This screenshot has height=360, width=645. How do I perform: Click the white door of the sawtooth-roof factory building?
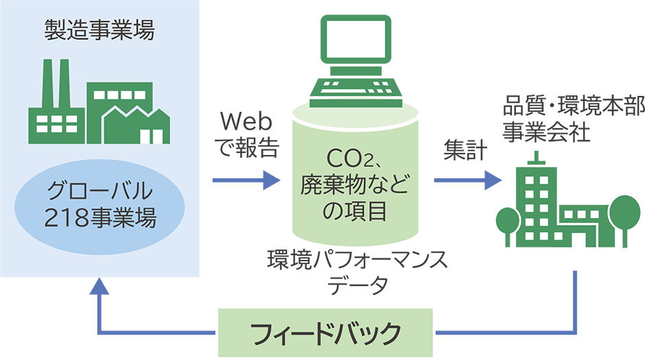pos(146,136)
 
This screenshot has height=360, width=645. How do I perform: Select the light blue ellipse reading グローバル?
pos(99,203)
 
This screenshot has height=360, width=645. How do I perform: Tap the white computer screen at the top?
pos(356,39)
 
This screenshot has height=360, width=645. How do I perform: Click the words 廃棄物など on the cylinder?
pos(355,183)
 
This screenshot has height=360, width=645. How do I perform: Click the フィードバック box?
pos(326,334)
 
